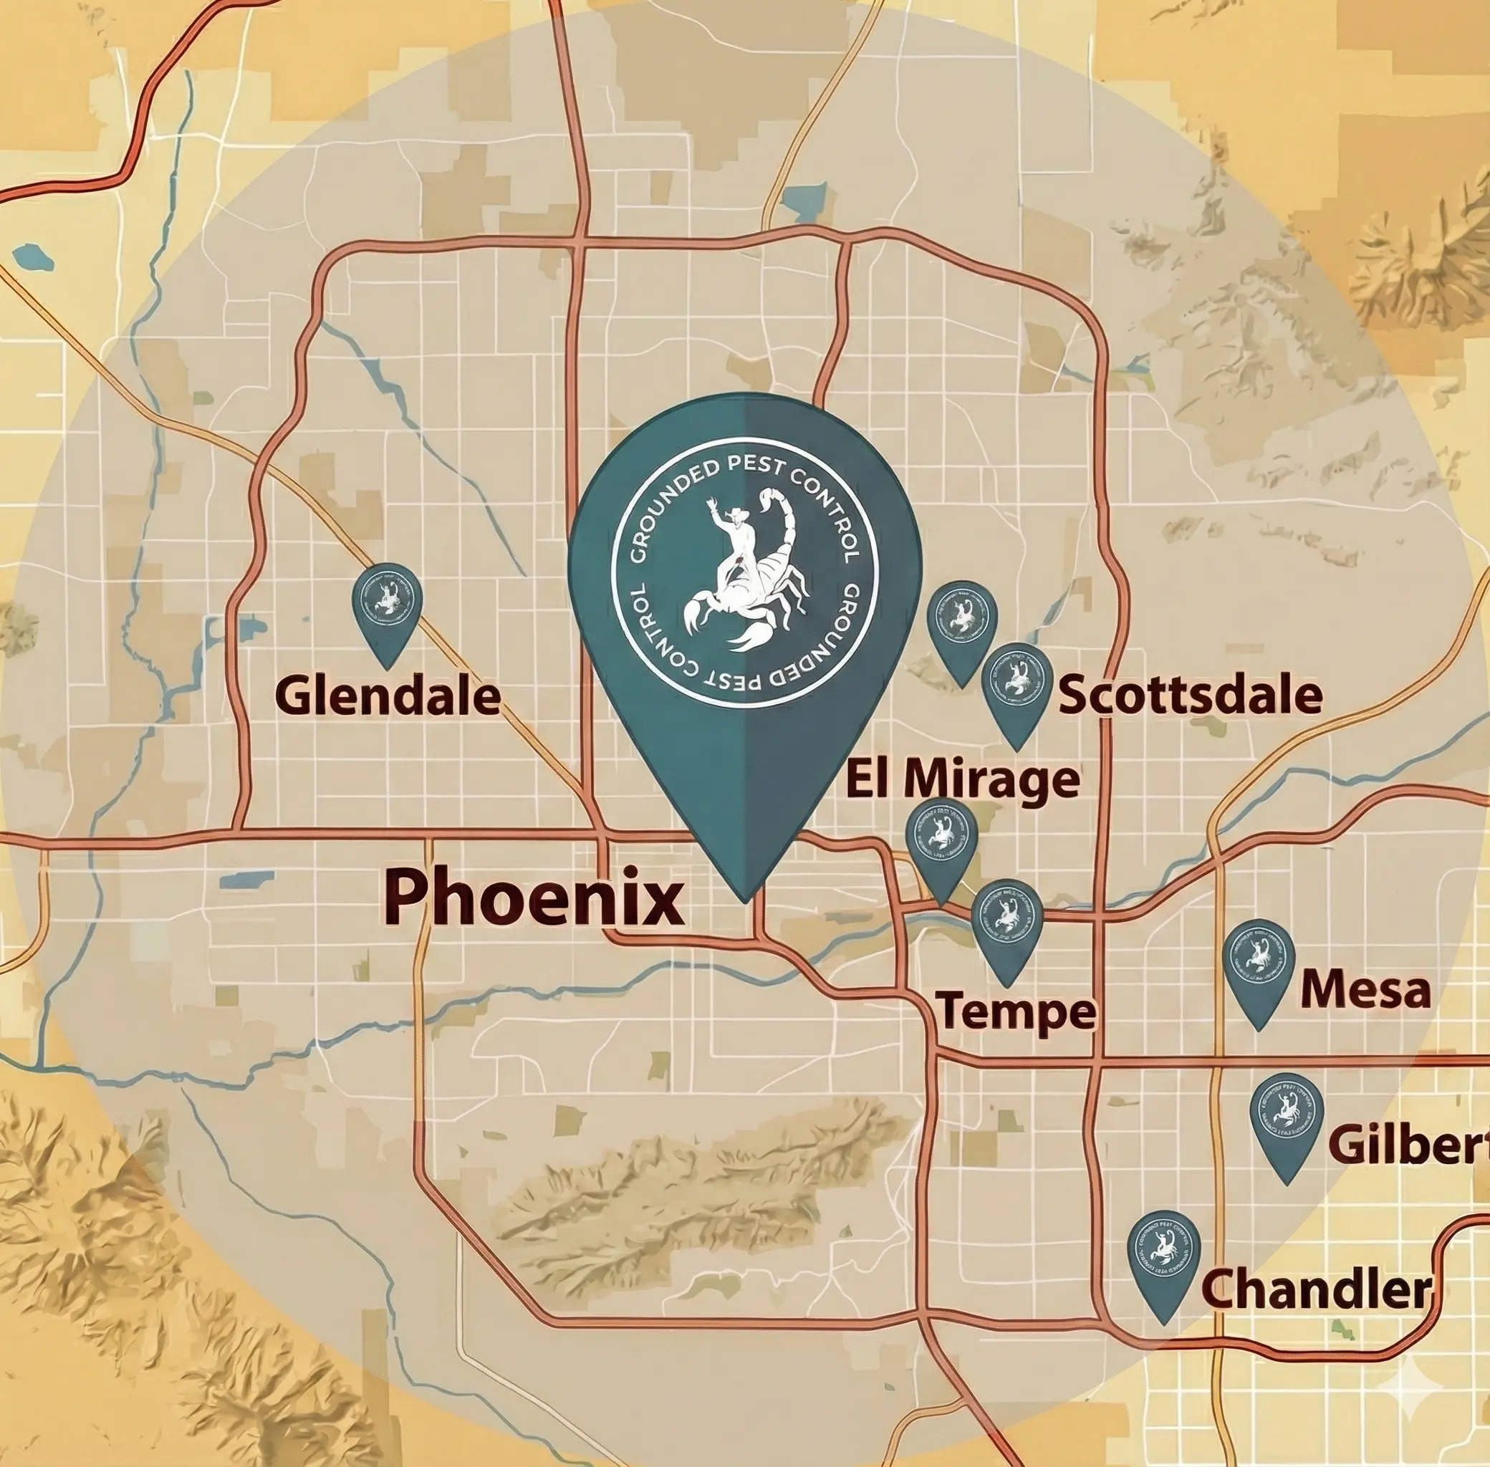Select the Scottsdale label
click(x=1191, y=695)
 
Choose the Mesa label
click(x=1365, y=990)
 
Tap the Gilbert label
click(x=1408, y=1144)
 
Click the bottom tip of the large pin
click(x=744, y=899)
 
